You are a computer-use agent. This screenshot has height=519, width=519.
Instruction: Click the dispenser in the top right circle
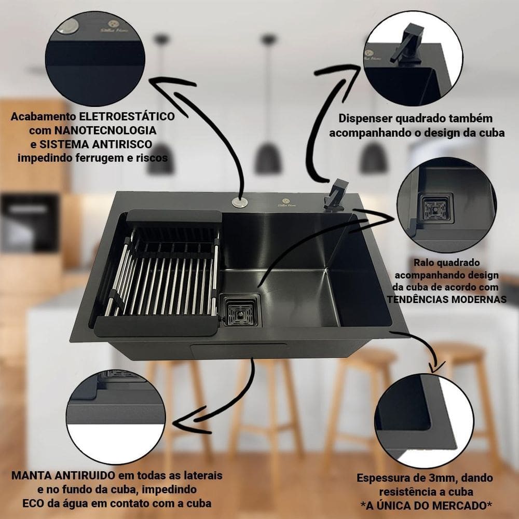[x=403, y=47]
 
